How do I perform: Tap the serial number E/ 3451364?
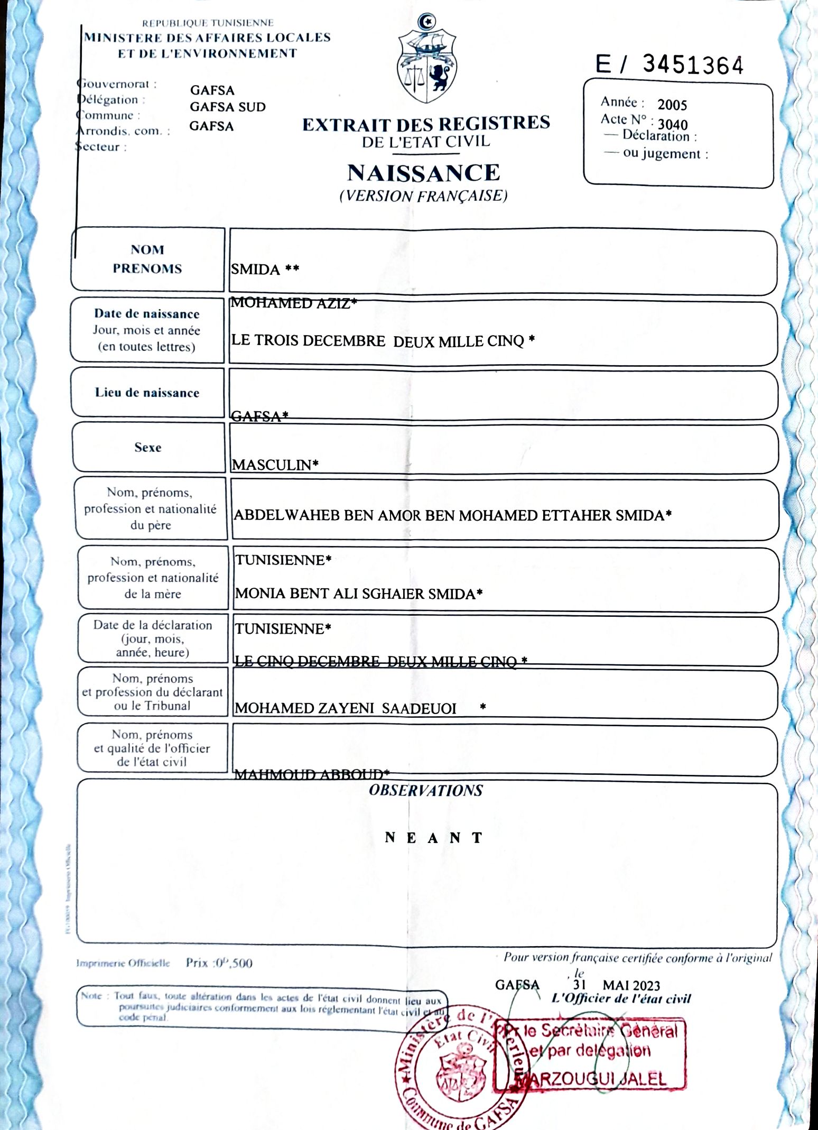(670, 65)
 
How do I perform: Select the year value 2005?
(672, 105)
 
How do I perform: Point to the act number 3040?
(672, 125)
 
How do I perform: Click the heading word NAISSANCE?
(423, 173)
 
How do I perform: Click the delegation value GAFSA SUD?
(228, 107)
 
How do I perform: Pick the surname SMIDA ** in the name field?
(265, 270)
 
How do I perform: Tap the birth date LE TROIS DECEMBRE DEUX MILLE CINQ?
(383, 341)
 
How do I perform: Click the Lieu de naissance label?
(147, 393)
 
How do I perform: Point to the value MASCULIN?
(275, 465)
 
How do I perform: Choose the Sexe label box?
(148, 448)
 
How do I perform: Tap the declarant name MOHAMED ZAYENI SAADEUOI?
(346, 708)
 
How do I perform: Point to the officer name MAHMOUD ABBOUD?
(311, 775)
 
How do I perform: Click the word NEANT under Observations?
(433, 838)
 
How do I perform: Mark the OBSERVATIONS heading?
(425, 791)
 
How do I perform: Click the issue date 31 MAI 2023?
(616, 986)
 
